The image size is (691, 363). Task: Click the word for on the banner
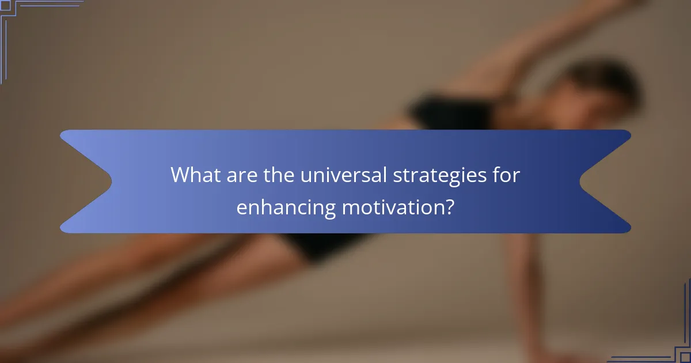(506, 175)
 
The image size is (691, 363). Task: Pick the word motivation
(388, 206)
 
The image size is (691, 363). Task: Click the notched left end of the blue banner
(86, 181)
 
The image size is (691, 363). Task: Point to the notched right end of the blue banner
(605, 181)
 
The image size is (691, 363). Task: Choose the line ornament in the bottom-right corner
(668, 340)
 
